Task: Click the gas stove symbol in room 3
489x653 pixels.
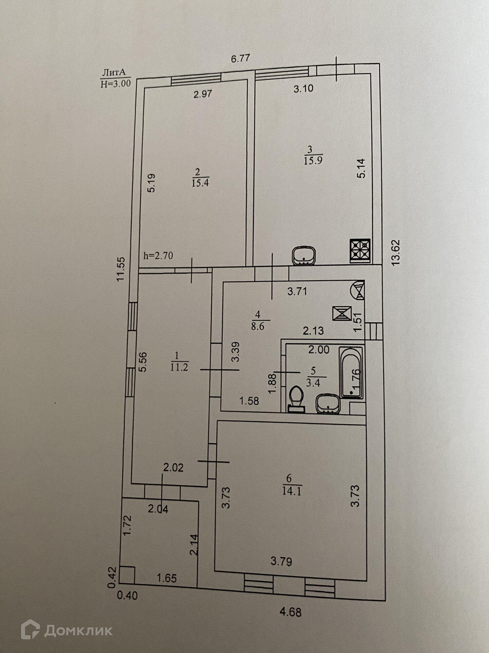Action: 360,251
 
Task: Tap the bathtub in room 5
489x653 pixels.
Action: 352,372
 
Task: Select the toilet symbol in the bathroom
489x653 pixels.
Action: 297,399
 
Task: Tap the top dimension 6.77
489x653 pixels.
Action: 240,58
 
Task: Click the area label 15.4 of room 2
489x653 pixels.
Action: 200,183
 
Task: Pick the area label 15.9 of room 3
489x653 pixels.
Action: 313,161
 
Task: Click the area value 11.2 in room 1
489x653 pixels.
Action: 179,367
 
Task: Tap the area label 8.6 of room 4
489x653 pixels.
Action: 258,326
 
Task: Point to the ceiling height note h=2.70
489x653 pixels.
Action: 158,255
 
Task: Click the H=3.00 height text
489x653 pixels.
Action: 116,83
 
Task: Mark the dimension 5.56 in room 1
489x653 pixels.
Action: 143,362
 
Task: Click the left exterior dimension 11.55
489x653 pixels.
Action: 121,269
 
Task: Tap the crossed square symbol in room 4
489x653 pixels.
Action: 342,313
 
